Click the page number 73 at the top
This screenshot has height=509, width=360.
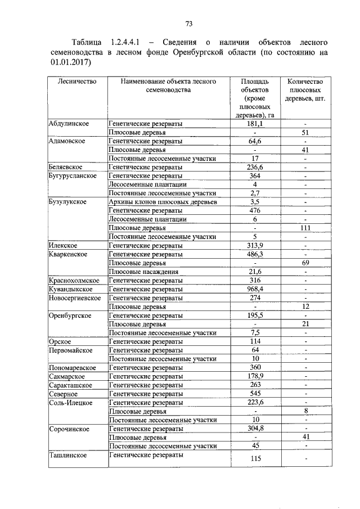click(189, 23)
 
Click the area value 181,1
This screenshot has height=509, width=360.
click(255, 124)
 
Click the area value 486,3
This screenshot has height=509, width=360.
click(255, 254)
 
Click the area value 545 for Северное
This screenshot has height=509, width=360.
click(255, 394)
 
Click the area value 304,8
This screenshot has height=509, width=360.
click(255, 429)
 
